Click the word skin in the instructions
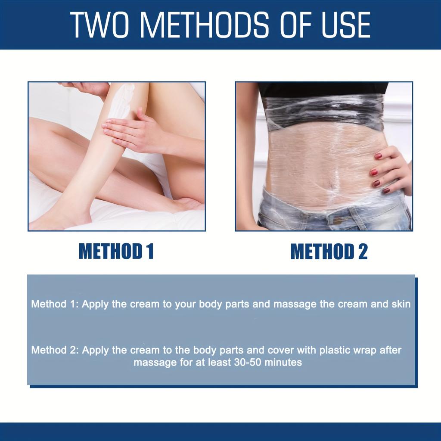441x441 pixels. point(400,304)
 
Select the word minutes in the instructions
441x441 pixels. point(283,362)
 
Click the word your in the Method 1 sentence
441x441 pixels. point(184,304)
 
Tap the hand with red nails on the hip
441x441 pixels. point(390,170)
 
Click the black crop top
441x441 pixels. point(323,89)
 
